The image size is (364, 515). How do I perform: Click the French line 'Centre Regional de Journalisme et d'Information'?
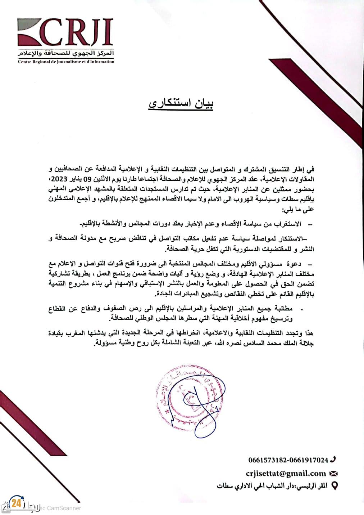point(66,62)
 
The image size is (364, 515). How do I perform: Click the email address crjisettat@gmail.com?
point(286,474)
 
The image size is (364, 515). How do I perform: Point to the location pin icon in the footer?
point(334,486)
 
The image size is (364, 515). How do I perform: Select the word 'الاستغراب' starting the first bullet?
point(288,224)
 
